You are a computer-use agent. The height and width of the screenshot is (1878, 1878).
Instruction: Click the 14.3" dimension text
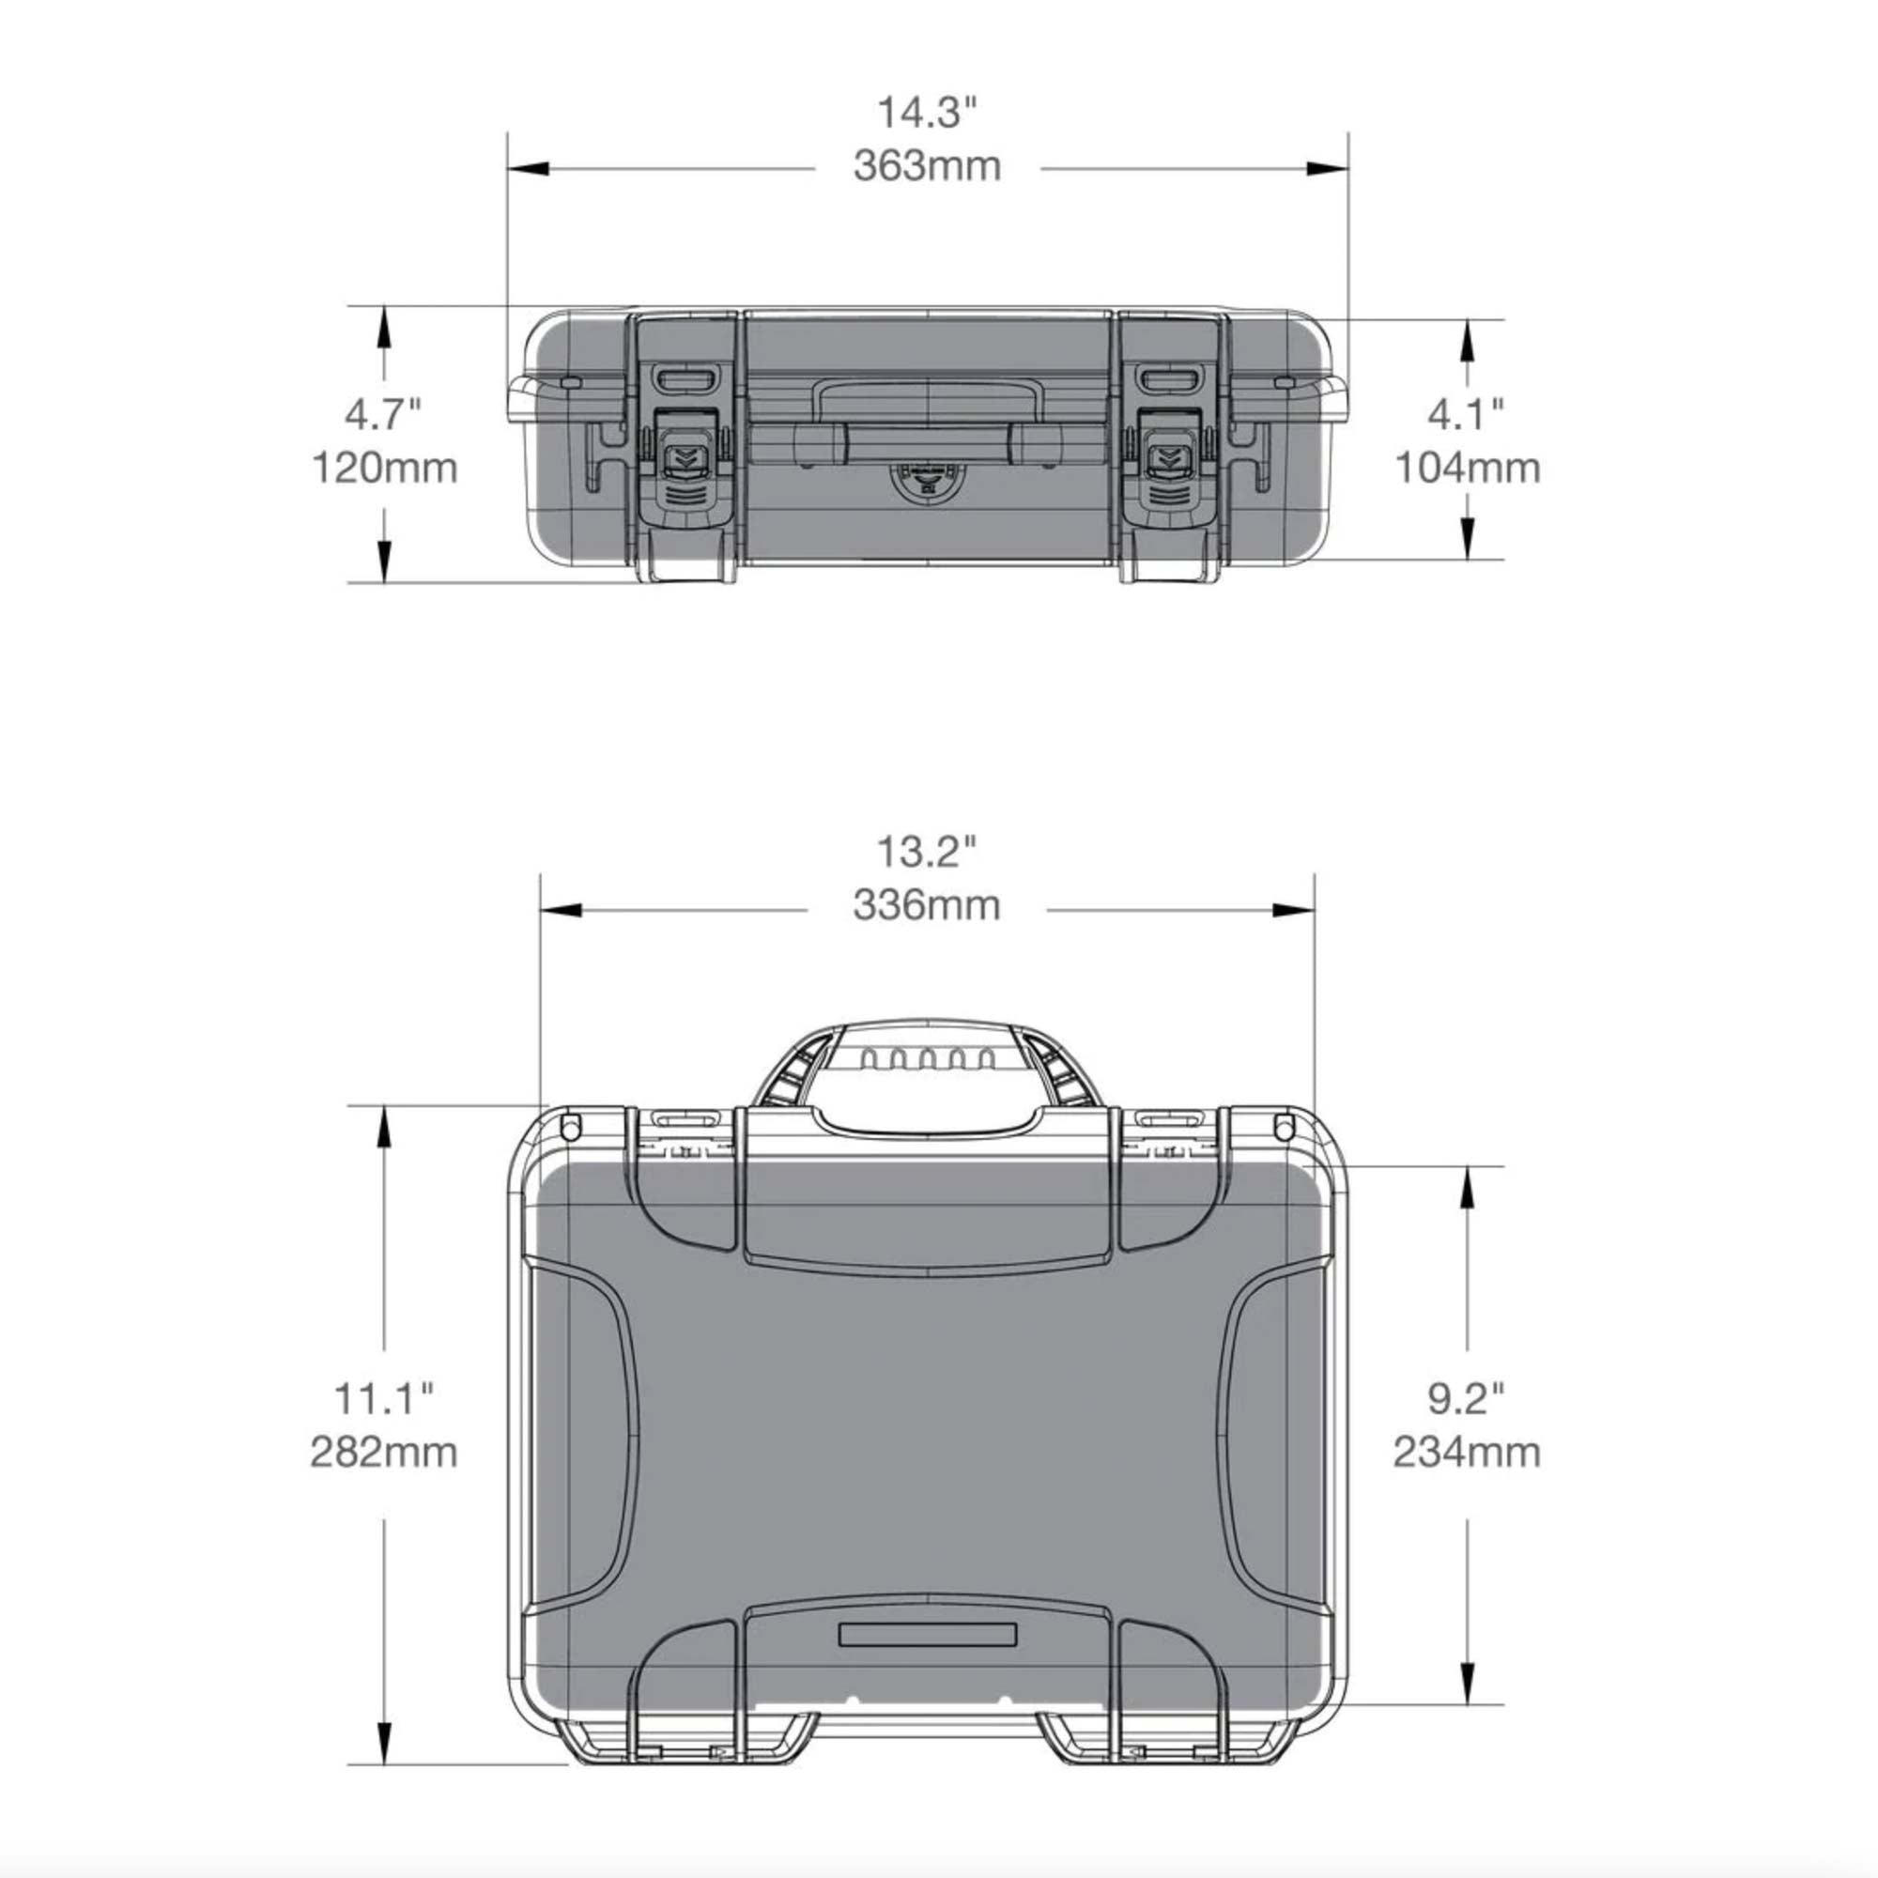click(926, 113)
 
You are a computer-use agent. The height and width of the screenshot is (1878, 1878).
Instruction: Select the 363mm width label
click(928, 166)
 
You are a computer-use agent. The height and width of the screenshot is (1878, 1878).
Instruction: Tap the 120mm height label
click(384, 469)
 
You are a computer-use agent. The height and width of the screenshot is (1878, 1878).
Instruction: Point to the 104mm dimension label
click(1468, 469)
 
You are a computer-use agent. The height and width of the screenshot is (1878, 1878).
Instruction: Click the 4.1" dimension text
click(1466, 416)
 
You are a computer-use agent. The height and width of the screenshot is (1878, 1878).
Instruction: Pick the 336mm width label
click(927, 906)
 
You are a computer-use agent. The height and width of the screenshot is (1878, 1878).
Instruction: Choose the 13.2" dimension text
click(926, 853)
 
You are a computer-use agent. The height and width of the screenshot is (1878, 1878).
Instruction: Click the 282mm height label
click(384, 1454)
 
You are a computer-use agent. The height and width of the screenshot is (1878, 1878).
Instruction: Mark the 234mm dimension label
click(1467, 1454)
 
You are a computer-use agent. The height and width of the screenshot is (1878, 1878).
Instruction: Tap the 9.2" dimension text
click(1466, 1400)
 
